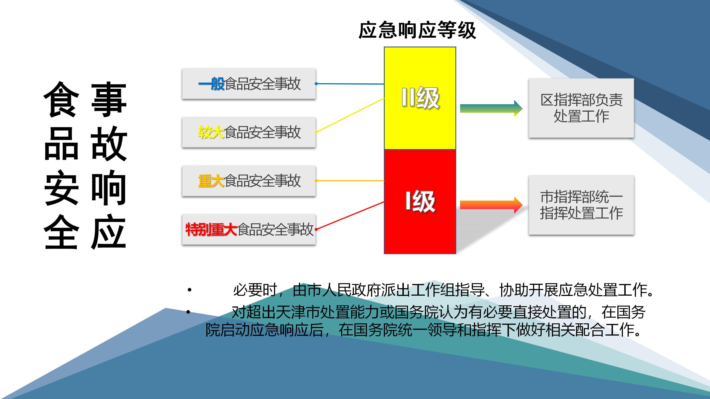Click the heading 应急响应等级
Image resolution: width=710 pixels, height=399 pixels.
point(417,30)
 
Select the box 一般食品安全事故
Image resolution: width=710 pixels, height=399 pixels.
point(249,84)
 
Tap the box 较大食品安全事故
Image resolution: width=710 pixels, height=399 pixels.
point(249,132)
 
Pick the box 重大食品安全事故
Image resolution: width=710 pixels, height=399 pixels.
point(249,181)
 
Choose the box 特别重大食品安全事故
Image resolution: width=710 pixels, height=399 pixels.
point(249,229)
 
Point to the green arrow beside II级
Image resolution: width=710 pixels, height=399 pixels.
point(491,108)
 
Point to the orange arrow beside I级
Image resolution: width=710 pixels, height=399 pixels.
point(491,205)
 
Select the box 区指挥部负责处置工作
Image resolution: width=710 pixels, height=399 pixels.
point(581,108)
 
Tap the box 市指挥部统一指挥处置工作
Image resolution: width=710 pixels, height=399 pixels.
point(581,205)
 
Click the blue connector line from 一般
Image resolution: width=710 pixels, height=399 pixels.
point(350,84)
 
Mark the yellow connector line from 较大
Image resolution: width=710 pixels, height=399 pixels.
point(350,115)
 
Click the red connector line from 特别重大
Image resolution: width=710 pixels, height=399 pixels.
point(350,216)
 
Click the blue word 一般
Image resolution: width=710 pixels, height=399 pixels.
point(211,84)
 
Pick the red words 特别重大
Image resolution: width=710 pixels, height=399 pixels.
point(211,229)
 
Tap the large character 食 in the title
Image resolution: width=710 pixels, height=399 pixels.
point(60,99)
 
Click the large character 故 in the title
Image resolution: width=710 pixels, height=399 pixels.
point(109,143)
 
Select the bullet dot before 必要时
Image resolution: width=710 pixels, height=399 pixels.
point(189,290)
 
